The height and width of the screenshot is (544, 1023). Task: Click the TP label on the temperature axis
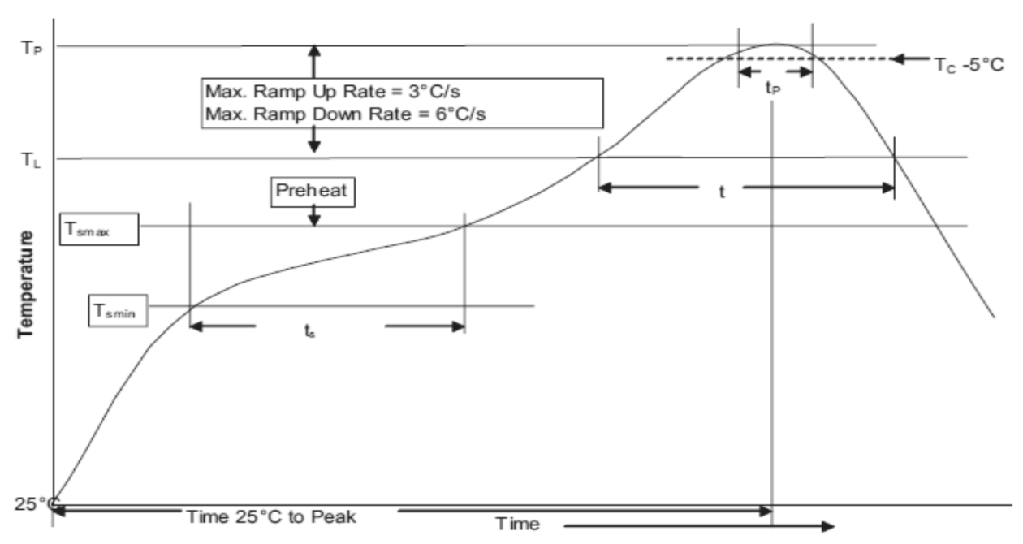point(32,48)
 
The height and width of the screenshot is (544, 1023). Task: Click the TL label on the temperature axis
point(32,160)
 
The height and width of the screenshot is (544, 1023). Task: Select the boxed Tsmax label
point(99,229)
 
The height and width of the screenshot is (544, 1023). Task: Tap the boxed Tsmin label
point(118,311)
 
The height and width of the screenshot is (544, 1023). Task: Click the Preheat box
point(313,192)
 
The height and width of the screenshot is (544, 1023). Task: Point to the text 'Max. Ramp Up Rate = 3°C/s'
point(333,92)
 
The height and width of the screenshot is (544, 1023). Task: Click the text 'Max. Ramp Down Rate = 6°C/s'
point(345,114)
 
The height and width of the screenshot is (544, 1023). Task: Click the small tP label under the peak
point(773,88)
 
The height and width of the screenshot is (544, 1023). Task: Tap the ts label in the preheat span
point(309,330)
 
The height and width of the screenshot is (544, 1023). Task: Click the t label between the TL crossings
point(722,192)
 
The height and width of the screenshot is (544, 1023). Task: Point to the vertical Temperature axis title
point(26,284)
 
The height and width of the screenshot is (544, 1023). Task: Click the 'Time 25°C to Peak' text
point(271,517)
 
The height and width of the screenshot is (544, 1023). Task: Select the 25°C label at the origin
point(37,504)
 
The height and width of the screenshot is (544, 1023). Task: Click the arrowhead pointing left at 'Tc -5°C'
point(897,58)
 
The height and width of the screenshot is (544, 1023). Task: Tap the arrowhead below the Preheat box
point(313,220)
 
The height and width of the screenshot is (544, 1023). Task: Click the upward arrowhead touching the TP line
point(313,50)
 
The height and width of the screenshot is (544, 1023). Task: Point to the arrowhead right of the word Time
point(828,527)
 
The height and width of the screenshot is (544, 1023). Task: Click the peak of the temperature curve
point(776,45)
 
